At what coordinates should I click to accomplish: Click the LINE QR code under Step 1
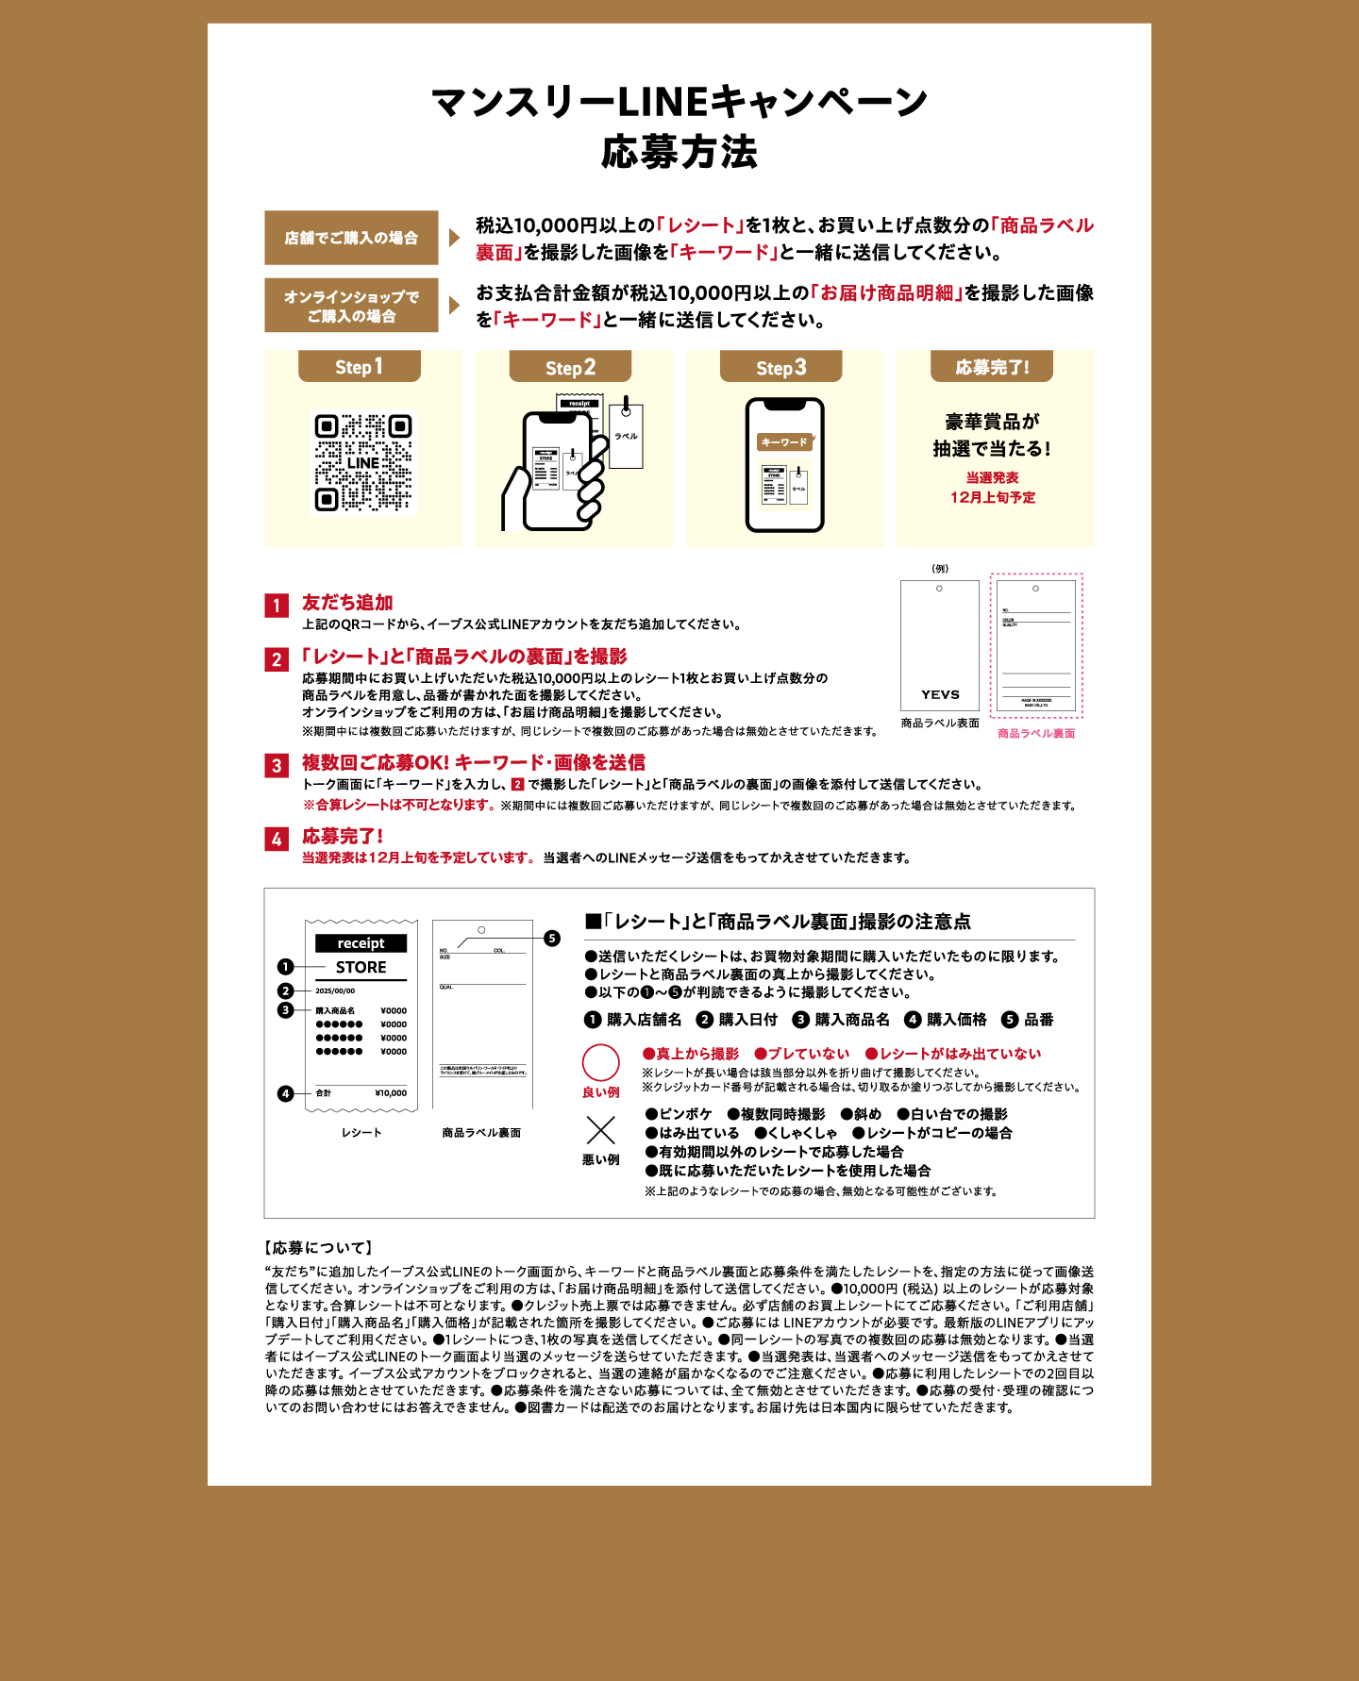pyautogui.click(x=363, y=462)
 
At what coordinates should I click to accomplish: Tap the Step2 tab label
pyautogui.click(x=570, y=367)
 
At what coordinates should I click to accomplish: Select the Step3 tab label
pyautogui.click(x=781, y=367)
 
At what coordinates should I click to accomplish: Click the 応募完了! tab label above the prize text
pyautogui.click(x=992, y=367)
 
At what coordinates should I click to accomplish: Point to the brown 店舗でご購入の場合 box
pyautogui.click(x=351, y=238)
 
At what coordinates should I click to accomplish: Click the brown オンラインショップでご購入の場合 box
pyautogui.click(x=351, y=306)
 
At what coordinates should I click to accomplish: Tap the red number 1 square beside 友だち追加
pyautogui.click(x=277, y=606)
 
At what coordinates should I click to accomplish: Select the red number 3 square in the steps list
pyautogui.click(x=277, y=765)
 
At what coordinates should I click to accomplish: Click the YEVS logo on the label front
pyautogui.click(x=940, y=694)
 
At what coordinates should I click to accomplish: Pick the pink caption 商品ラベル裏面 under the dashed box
pyautogui.click(x=1036, y=733)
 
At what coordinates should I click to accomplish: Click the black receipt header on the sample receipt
pyautogui.click(x=361, y=943)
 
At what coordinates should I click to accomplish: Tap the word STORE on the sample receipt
pyautogui.click(x=361, y=967)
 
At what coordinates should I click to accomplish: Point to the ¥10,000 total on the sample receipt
pyautogui.click(x=391, y=1093)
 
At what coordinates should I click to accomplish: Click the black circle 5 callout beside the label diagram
pyautogui.click(x=552, y=938)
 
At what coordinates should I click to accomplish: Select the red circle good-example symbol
pyautogui.click(x=601, y=1062)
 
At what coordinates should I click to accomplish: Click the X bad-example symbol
pyautogui.click(x=601, y=1130)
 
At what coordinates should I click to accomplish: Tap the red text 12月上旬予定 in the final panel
pyautogui.click(x=992, y=497)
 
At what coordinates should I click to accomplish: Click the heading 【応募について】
pyautogui.click(x=319, y=1247)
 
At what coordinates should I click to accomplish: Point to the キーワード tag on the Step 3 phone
pyautogui.click(x=784, y=441)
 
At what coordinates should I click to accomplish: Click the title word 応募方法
pyautogui.click(x=679, y=152)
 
